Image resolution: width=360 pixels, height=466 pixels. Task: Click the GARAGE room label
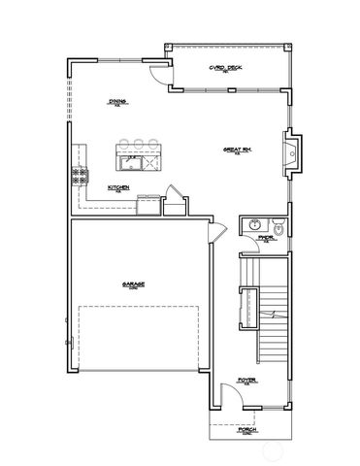coord(133,284)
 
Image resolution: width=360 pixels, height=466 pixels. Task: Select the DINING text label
coord(117,102)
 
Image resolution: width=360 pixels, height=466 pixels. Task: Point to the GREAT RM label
coord(238,150)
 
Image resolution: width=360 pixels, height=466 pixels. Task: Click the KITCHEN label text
coord(118,188)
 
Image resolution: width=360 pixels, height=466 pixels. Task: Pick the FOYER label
coord(248,382)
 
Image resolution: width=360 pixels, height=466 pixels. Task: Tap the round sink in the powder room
coord(253,225)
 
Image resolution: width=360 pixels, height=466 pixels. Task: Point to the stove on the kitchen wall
coord(76,175)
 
